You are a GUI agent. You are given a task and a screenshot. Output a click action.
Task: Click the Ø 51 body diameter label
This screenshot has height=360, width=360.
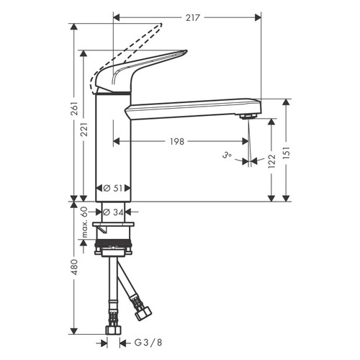click(114, 187)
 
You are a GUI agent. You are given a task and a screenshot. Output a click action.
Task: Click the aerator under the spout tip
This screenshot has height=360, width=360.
click(249, 116)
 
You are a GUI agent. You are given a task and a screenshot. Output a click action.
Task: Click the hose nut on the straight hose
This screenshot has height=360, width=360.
click(113, 332)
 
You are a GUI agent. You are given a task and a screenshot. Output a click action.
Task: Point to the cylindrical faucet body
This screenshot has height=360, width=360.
click(113, 144)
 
